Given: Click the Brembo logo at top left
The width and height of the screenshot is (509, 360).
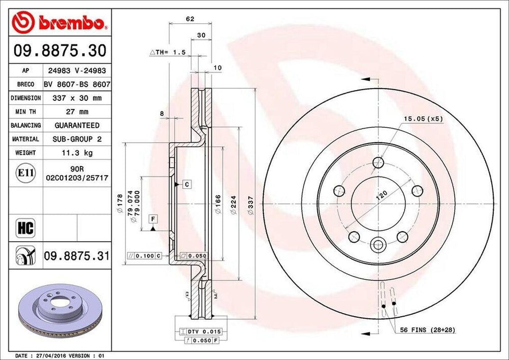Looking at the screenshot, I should (60, 22).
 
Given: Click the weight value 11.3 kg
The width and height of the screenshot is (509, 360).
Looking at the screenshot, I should (77, 153).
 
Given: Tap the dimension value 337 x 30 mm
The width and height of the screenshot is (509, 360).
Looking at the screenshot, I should (77, 98).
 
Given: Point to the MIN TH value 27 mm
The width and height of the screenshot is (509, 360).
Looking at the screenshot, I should (77, 112).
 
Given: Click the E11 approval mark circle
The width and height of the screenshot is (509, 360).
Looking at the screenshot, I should (25, 173).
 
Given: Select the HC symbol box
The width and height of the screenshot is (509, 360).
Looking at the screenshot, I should (25, 228).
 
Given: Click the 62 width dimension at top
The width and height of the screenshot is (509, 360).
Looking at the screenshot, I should (190, 19).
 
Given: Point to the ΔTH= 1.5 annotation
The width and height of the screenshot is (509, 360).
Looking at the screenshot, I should (168, 52).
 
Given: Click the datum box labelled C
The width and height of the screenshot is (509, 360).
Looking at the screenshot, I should (186, 184).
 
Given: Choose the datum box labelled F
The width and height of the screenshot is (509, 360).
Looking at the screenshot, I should (153, 219).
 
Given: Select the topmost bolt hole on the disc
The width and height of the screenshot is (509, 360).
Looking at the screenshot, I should (378, 162).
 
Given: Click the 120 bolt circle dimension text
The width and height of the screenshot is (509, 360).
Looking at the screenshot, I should (381, 195).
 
